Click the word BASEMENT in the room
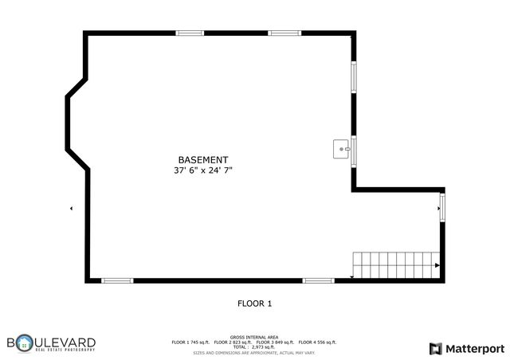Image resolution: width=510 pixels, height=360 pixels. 202,159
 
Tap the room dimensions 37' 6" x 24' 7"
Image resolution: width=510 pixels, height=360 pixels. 202,170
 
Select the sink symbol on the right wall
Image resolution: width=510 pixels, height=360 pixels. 341,148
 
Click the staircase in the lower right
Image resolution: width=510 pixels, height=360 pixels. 394,264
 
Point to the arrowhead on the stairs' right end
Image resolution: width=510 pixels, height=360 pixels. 437,264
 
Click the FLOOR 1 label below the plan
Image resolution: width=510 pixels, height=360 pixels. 255,303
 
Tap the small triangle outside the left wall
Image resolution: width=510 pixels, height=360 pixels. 72,209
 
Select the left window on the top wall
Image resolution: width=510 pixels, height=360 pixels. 190,33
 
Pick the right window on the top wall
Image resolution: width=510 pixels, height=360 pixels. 283,33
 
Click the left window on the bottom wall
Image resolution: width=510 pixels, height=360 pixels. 117,280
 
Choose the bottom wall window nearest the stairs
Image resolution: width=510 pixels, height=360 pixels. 318,280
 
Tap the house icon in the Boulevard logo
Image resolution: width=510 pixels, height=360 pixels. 24,345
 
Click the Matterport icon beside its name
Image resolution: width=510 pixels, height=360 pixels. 434,348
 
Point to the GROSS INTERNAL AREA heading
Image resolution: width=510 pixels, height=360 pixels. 254,337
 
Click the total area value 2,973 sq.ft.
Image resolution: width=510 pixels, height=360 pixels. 262,347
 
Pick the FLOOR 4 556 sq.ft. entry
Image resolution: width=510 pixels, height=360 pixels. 317,342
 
